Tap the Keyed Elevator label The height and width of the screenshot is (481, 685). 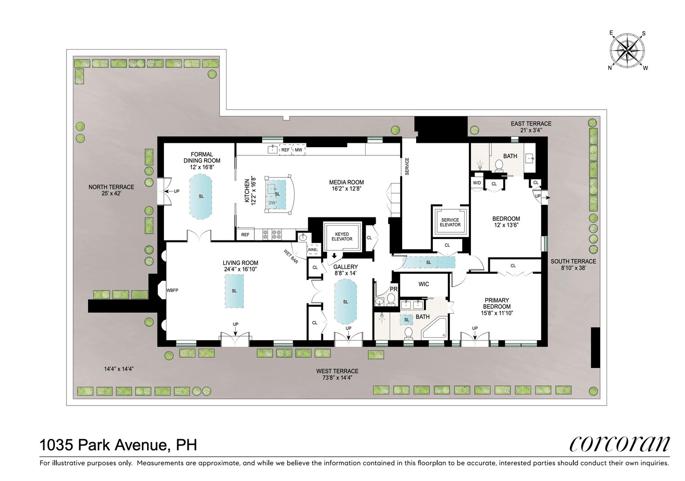click(x=342, y=237)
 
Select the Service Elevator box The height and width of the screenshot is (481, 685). click(x=450, y=222)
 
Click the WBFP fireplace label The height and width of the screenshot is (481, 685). click(x=172, y=290)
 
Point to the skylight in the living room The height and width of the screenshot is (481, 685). click(x=234, y=291)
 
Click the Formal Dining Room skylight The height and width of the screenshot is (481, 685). click(x=201, y=197)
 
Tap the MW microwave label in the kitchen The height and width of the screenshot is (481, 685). click(x=298, y=150)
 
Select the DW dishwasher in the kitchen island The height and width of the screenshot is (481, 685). click(x=272, y=203)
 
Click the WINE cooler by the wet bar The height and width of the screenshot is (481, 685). click(x=312, y=250)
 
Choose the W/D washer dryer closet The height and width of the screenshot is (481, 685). click(x=477, y=183)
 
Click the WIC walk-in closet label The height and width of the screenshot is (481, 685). click(x=423, y=284)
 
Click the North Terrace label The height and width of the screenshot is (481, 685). click(x=111, y=187)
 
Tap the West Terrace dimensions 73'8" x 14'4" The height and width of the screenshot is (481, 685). click(x=337, y=378)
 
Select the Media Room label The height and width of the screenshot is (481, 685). click(x=346, y=182)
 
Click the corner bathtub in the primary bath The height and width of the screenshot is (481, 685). click(x=434, y=328)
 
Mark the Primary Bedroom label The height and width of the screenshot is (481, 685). click(x=496, y=304)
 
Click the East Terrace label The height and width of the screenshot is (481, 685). click(x=531, y=124)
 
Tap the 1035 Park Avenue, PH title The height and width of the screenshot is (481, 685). click(x=118, y=445)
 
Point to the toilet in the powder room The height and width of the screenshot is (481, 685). click(x=391, y=300)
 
